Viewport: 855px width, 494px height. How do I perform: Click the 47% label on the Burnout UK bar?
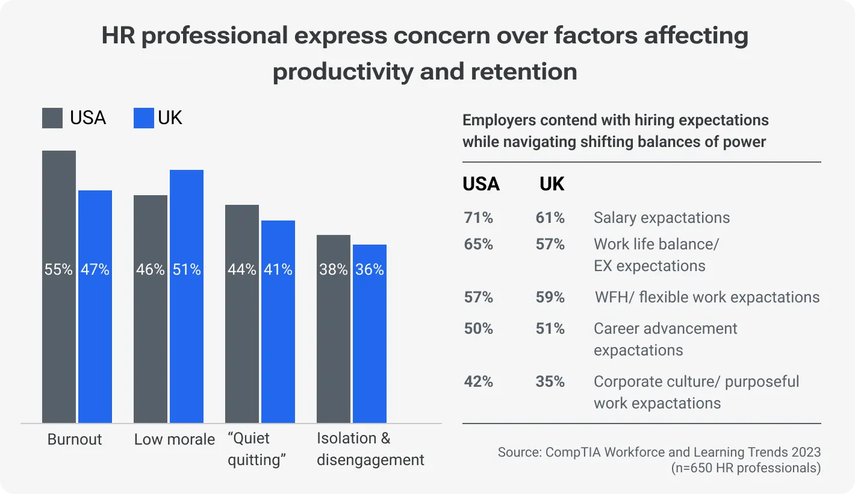[x=95, y=269]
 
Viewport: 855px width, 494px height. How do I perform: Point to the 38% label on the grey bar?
[x=333, y=269]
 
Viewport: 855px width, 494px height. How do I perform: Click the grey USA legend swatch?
[x=52, y=118]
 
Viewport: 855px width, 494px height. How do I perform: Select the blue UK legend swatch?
[x=143, y=118]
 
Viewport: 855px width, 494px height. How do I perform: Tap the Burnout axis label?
[x=75, y=439]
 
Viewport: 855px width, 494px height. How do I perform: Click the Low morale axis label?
[x=175, y=439]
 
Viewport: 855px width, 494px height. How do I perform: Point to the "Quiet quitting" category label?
[x=256, y=449]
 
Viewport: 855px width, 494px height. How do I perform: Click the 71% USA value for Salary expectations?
[x=478, y=217]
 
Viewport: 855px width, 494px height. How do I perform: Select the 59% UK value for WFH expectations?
[x=550, y=297]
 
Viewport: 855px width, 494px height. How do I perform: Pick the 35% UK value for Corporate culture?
[x=550, y=381]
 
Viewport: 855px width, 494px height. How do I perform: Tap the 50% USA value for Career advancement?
[x=478, y=328]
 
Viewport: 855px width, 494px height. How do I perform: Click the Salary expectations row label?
[x=661, y=217]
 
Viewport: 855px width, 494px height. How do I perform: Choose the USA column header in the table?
[x=481, y=184]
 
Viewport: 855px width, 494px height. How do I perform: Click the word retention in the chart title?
[x=524, y=71]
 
